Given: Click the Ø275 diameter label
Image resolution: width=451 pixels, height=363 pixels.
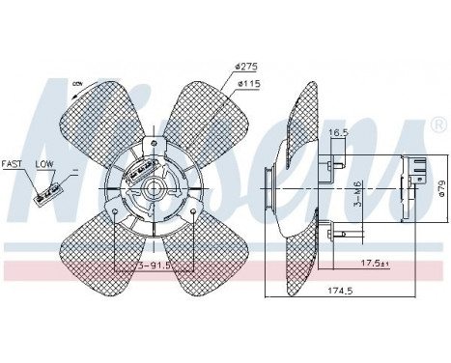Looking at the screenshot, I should pyautogui.click(x=245, y=66).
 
